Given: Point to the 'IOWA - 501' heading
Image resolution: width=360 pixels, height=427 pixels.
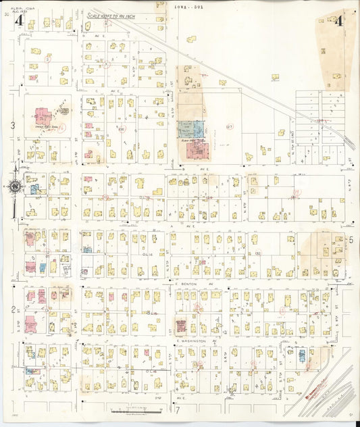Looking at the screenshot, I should (188, 5).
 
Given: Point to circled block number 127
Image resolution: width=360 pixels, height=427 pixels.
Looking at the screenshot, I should (230, 126).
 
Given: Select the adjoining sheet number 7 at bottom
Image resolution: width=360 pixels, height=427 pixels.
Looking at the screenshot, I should (178, 410).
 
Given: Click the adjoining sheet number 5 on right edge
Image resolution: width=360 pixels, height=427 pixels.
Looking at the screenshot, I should (351, 239).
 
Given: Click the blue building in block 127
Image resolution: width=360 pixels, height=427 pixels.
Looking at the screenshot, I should (190, 128).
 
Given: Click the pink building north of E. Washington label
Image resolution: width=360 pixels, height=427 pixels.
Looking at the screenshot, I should (181, 326).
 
